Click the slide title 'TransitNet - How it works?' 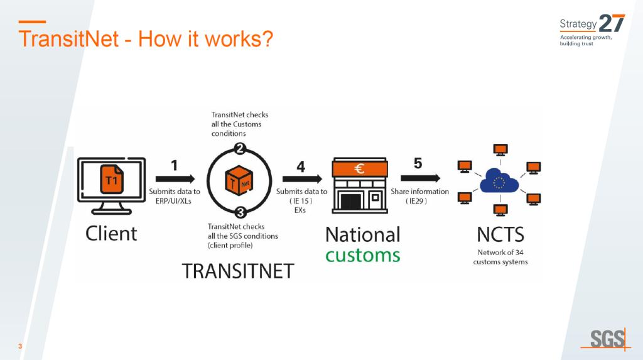(x=146, y=39)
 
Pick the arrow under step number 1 (x=174, y=179)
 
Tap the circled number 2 (x=239, y=149)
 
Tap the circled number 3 (x=239, y=211)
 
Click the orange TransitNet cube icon (x=239, y=181)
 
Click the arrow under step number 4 (x=301, y=179)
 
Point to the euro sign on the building (x=360, y=168)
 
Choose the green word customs (x=362, y=254)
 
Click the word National (x=362, y=234)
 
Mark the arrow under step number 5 (x=419, y=179)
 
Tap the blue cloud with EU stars (x=500, y=182)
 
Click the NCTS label (x=500, y=234)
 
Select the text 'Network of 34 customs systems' (x=500, y=257)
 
